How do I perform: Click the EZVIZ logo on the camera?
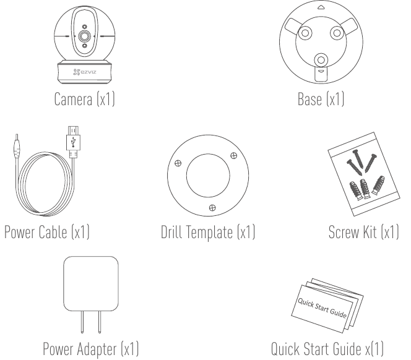84,72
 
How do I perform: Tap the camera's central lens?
84,36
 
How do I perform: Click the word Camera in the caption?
74,99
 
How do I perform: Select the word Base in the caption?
309,99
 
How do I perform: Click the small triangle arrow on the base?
321,7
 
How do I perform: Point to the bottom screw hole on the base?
321,60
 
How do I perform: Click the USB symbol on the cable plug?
74,141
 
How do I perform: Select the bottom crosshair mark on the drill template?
212,208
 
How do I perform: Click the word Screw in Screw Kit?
344,232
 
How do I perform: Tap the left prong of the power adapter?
82,322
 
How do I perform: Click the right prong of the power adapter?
99,322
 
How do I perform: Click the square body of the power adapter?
91,283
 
